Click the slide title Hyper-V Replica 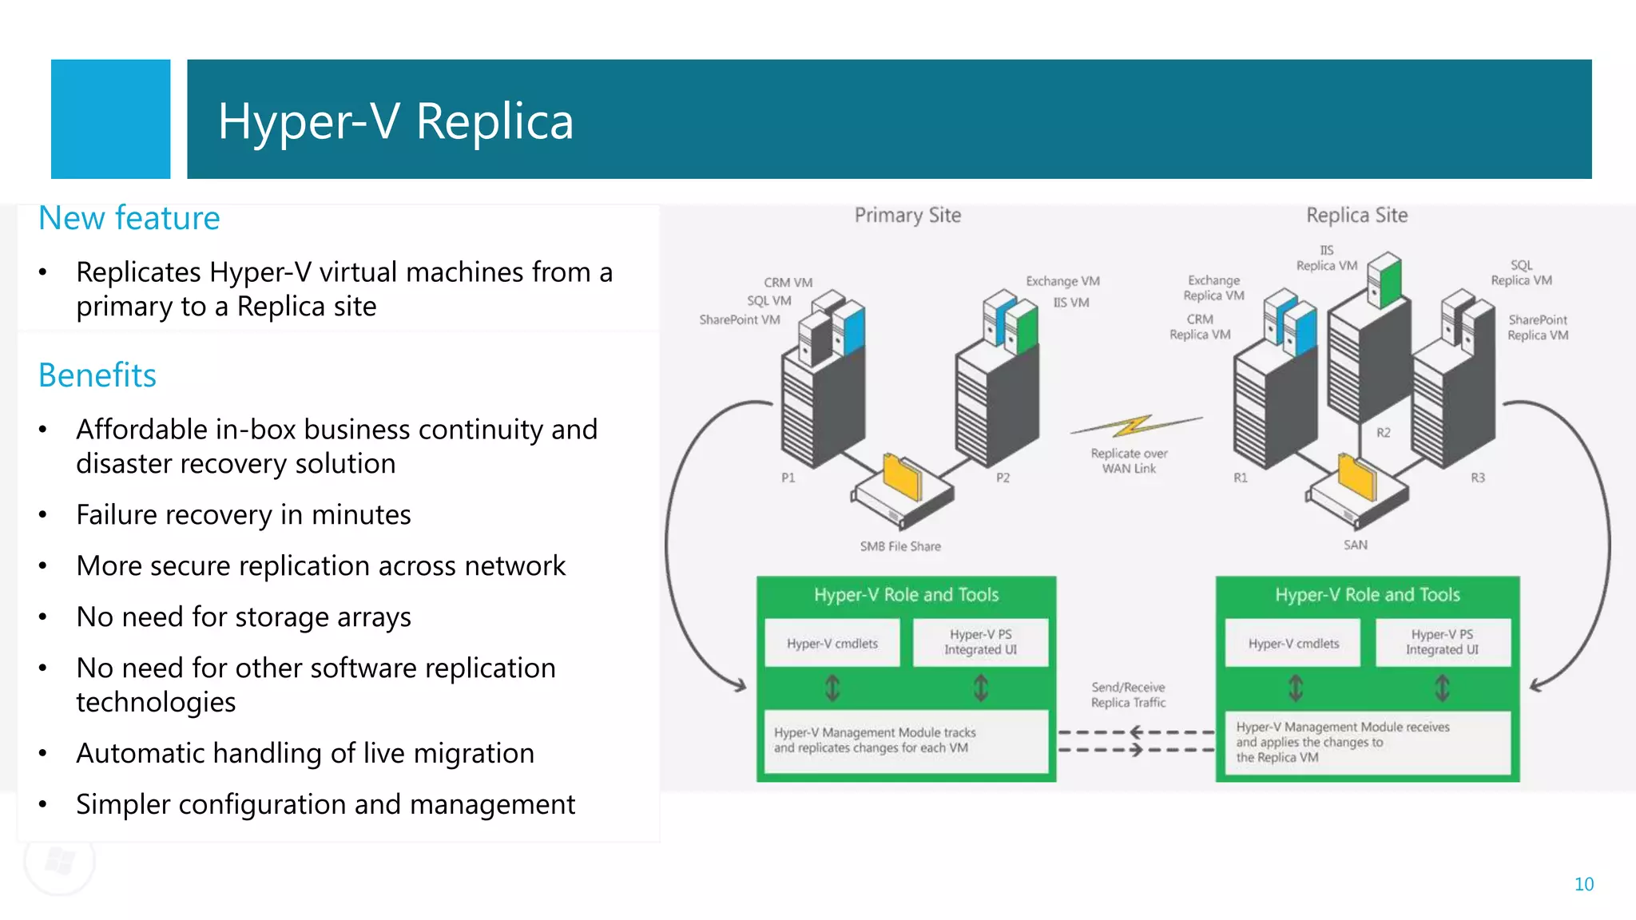point(395,121)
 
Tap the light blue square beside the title point(110,119)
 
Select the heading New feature point(129,218)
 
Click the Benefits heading point(97,375)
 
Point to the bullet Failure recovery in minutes point(243,515)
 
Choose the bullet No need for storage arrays point(243,617)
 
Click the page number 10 point(1583,884)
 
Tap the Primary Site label point(907,215)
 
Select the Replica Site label point(1356,215)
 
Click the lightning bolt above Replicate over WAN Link point(1134,426)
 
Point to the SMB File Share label point(900,546)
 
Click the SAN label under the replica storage point(1355,545)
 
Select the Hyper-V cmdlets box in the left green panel point(832,643)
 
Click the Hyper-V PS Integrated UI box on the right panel point(1442,642)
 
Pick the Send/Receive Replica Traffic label point(1128,695)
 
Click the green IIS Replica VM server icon point(1386,279)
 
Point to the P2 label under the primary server point(1003,478)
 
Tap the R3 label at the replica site point(1478,478)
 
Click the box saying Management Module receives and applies point(1366,742)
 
